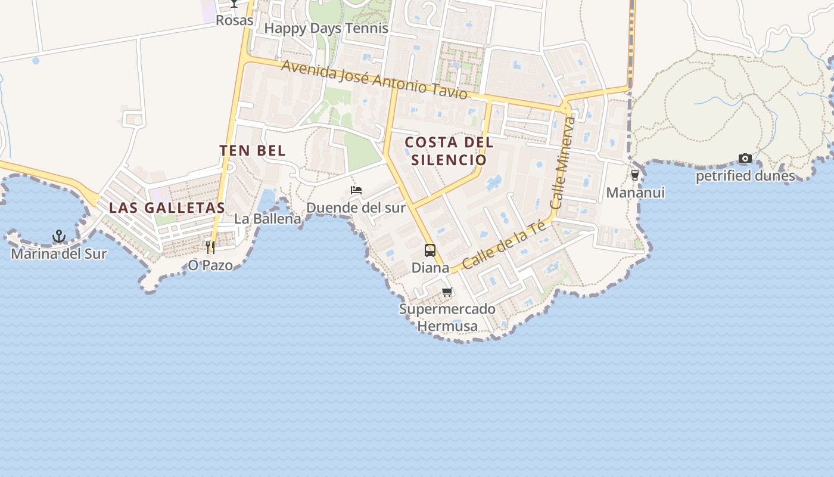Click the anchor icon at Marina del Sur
59,237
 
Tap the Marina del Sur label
59,254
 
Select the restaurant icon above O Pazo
210,246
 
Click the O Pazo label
210,265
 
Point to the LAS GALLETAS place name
167,208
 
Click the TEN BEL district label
253,151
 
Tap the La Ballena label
267,219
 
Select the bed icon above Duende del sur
356,190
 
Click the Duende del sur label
356,207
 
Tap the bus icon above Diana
430,250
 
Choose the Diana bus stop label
430,268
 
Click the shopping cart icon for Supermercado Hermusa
447,292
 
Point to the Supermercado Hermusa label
447,317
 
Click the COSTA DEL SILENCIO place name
449,151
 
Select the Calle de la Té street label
504,244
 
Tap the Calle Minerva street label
563,162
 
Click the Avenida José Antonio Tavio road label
374,80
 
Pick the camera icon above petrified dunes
745,159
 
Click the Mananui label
635,193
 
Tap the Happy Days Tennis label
326,28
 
